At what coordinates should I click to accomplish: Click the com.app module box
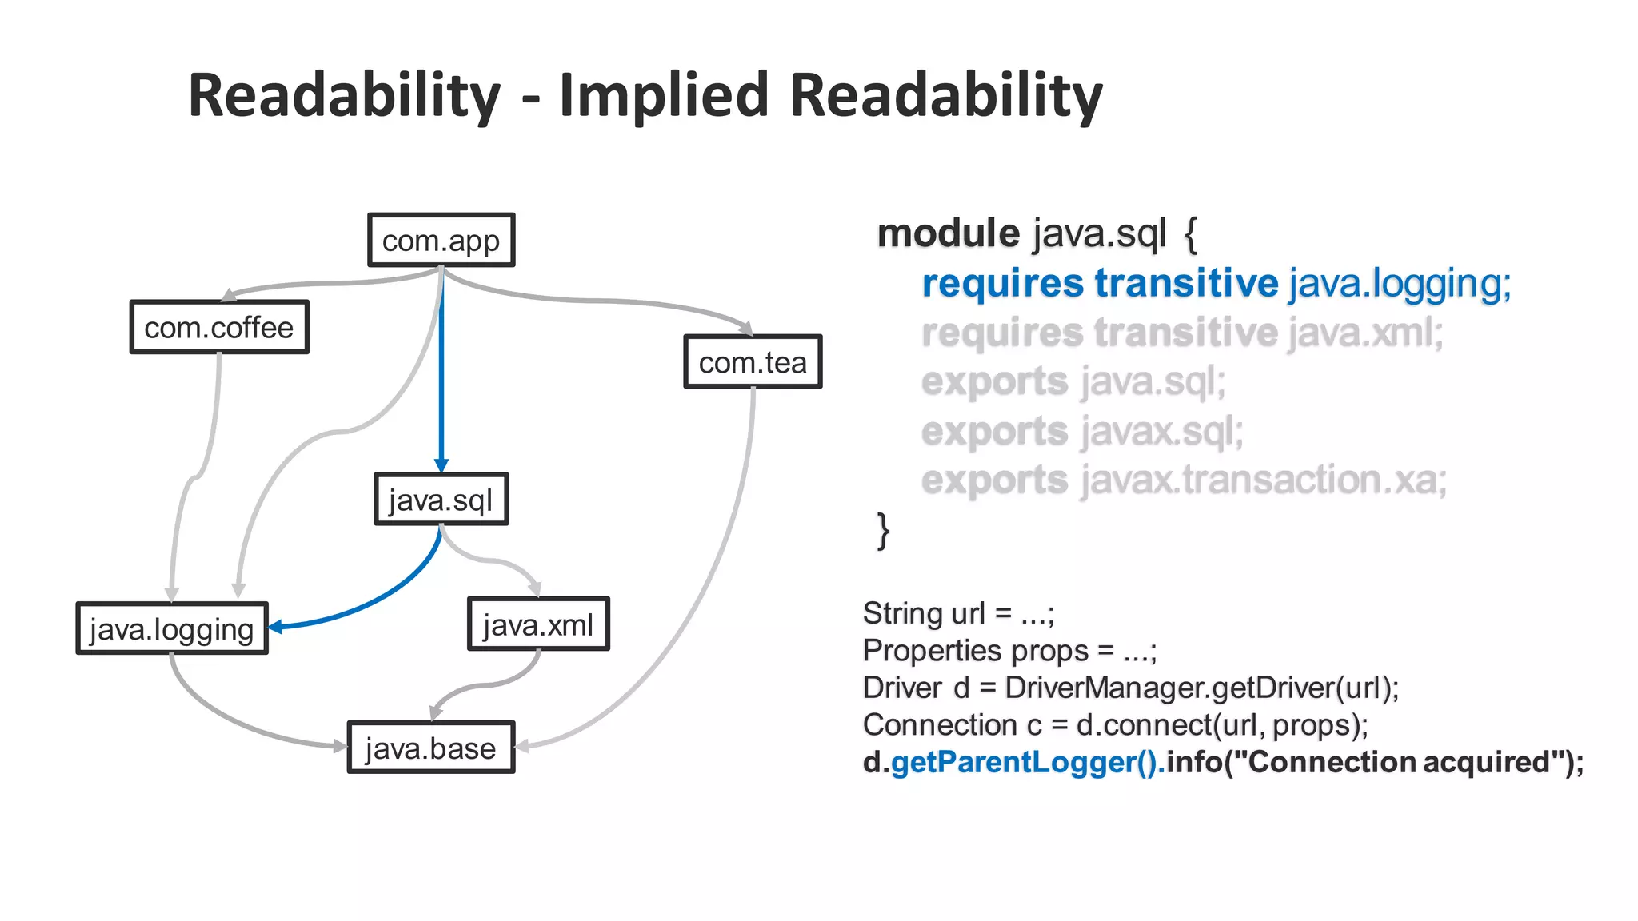point(441,240)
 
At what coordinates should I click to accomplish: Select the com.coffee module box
point(219,327)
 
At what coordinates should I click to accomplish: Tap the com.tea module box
point(753,362)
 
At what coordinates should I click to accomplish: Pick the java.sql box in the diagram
point(441,500)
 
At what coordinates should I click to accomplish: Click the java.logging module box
point(172,628)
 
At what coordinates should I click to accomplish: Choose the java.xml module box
point(538,624)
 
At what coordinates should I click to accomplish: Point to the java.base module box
point(431,748)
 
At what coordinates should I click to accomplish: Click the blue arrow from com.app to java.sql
point(441,376)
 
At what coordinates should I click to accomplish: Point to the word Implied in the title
point(664,95)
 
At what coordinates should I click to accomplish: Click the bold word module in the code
point(948,233)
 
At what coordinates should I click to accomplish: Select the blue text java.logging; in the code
point(1400,284)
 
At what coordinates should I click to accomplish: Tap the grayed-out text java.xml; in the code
point(1366,333)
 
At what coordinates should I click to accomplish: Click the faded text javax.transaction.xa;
point(1264,480)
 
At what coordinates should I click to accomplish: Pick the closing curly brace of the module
point(883,531)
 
